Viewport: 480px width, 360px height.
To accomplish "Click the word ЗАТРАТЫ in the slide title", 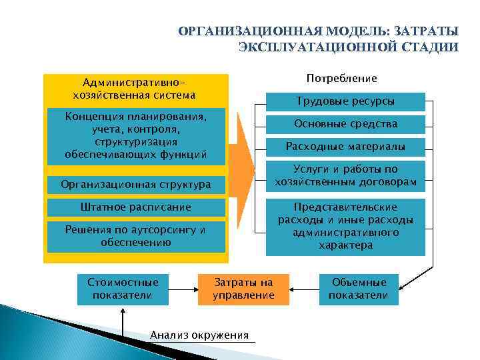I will tap(426, 32).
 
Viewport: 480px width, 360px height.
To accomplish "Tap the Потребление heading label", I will tap(341, 79).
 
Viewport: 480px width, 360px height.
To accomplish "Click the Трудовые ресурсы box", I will tap(345, 102).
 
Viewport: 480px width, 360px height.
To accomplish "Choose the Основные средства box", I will tap(345, 124).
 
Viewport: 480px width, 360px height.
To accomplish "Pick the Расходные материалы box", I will tap(345, 146).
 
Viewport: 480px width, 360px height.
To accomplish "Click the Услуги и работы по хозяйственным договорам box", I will tap(345, 175).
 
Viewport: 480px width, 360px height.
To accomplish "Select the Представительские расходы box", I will tap(345, 226).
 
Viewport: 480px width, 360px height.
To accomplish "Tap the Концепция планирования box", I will tap(136, 136).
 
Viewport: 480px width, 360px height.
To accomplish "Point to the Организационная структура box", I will tap(136, 184).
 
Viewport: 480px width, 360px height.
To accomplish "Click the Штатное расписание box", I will tap(136, 207).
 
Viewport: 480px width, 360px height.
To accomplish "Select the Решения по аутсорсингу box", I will tap(136, 237).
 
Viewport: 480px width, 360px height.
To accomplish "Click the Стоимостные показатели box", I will tap(123, 289).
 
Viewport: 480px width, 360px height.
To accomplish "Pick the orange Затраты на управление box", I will tap(243, 289).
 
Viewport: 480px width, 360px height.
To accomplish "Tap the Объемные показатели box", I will tap(358, 289).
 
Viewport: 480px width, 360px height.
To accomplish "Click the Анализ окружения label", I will tap(199, 335).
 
